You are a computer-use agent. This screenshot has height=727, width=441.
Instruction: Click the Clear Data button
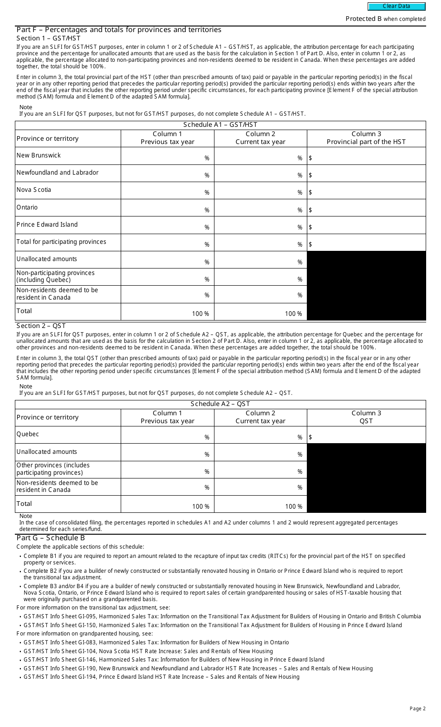(x=396, y=7)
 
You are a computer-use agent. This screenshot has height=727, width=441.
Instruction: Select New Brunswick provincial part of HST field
(x=366, y=156)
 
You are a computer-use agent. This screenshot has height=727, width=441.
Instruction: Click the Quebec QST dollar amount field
(x=366, y=435)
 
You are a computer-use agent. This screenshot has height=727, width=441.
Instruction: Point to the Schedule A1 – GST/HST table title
(x=220, y=125)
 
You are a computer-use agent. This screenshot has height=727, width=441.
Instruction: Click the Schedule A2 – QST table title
(x=220, y=404)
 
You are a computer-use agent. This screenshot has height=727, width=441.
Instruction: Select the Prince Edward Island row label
(x=47, y=225)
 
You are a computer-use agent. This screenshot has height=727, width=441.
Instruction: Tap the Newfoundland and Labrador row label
(x=58, y=173)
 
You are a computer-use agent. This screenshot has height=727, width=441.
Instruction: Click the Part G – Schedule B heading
(x=51, y=538)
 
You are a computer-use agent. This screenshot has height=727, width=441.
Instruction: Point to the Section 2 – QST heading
(x=41, y=326)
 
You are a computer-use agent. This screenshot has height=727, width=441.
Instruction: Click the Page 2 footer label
(x=417, y=708)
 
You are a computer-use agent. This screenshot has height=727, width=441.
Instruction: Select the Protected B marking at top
(x=385, y=19)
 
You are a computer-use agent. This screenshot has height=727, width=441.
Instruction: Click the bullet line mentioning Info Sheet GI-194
(x=162, y=677)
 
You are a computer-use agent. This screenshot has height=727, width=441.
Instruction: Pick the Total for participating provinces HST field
(x=366, y=242)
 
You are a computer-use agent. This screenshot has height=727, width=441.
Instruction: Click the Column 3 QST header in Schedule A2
(x=366, y=417)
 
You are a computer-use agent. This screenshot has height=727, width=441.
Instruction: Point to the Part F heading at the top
(x=119, y=30)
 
